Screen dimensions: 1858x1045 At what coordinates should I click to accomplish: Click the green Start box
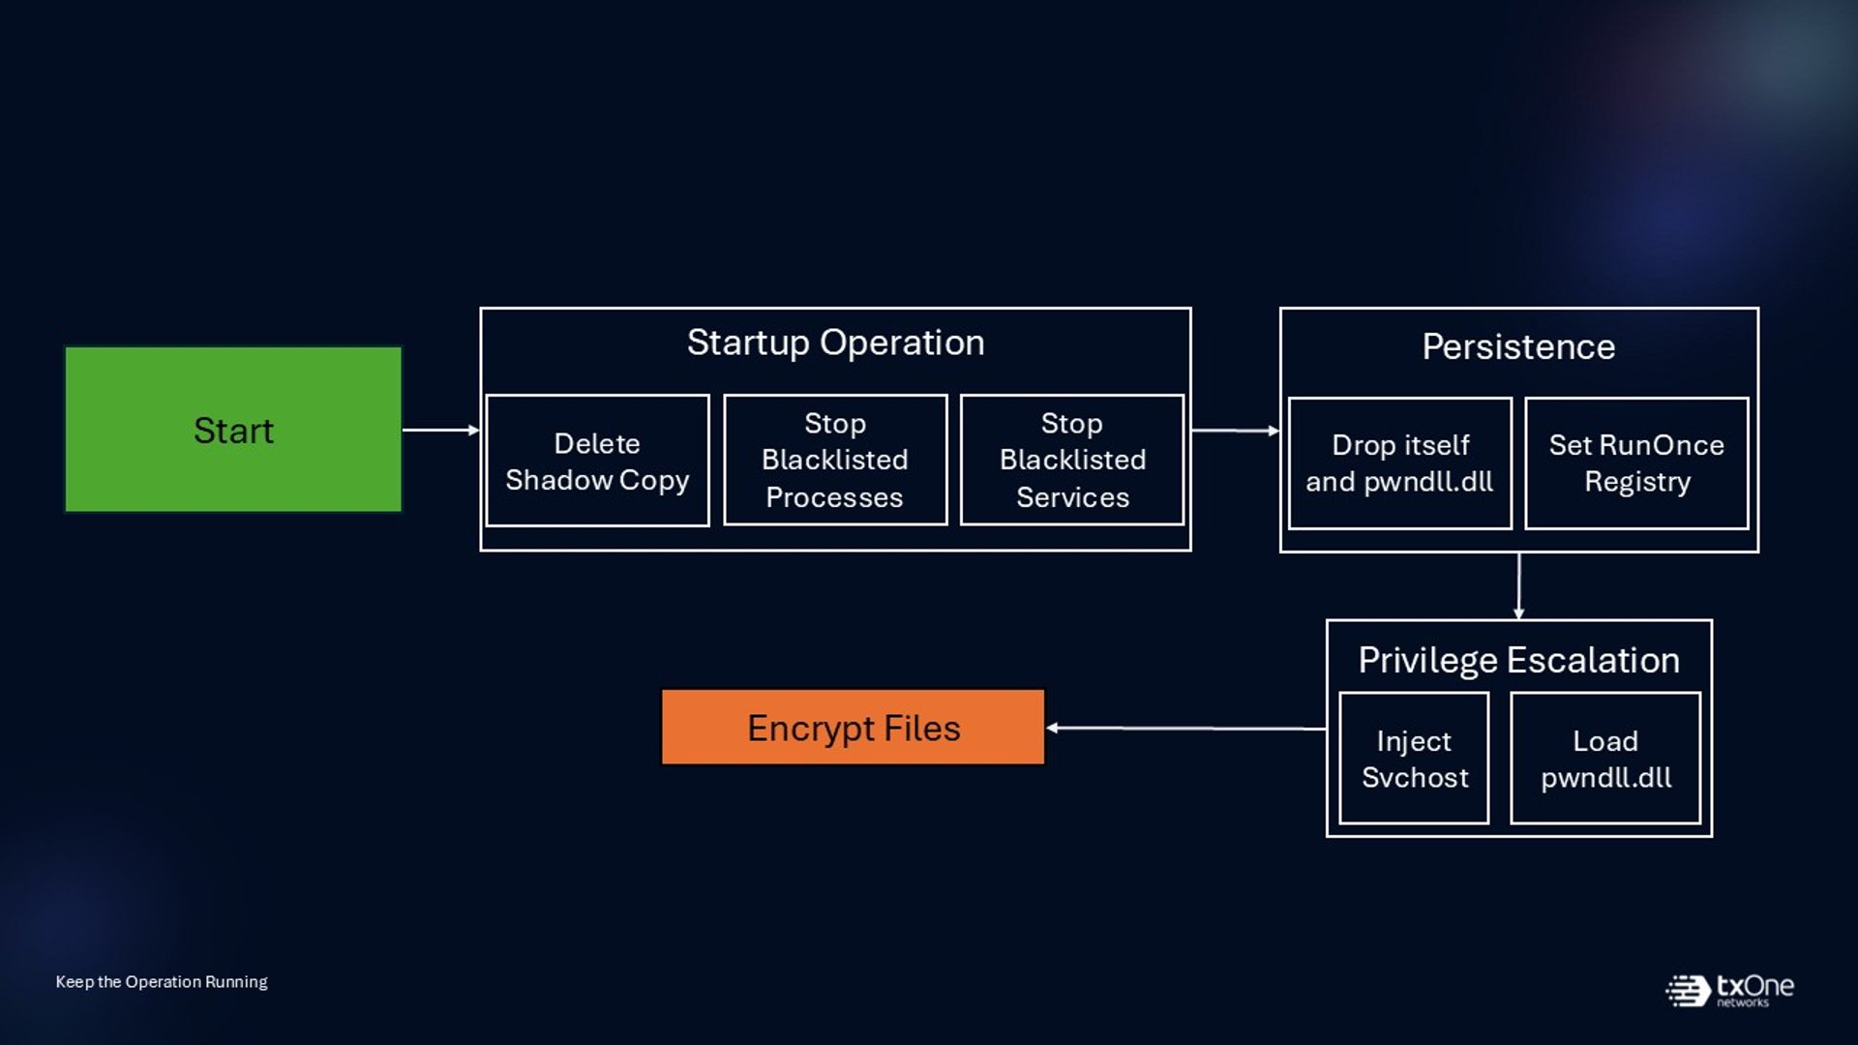pyautogui.click(x=233, y=429)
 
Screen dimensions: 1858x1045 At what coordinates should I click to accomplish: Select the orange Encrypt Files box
pyautogui.click(x=853, y=727)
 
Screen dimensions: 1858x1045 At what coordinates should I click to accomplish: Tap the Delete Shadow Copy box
pyautogui.click(x=597, y=461)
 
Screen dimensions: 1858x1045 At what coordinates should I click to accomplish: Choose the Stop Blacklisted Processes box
pyautogui.click(x=835, y=461)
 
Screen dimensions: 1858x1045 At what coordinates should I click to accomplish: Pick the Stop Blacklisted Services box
pyautogui.click(x=1072, y=461)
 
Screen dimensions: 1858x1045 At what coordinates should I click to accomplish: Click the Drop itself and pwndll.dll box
pyautogui.click(x=1400, y=463)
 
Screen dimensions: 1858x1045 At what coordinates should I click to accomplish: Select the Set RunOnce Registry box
pyautogui.click(x=1636, y=463)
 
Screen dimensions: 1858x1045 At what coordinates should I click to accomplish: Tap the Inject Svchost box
pyautogui.click(x=1414, y=759)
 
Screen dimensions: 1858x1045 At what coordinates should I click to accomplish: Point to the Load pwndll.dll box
pyautogui.click(x=1605, y=759)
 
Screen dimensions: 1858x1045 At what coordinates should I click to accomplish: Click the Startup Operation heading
pyautogui.click(x=836, y=343)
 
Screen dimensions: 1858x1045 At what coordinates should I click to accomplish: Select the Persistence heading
pyautogui.click(x=1518, y=346)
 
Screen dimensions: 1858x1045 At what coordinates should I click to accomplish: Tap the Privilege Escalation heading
pyautogui.click(x=1518, y=660)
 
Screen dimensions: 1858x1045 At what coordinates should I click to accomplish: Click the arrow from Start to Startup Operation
pyautogui.click(x=441, y=430)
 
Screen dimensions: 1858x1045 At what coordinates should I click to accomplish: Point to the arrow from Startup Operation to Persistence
pyautogui.click(x=1236, y=431)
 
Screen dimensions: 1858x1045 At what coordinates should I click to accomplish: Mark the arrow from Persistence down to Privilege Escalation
pyautogui.click(x=1518, y=586)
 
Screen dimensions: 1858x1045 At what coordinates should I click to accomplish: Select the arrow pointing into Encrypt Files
pyautogui.click(x=1186, y=728)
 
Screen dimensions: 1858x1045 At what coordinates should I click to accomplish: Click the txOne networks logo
pyautogui.click(x=1729, y=990)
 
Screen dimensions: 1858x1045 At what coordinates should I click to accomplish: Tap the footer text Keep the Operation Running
pyautogui.click(x=162, y=981)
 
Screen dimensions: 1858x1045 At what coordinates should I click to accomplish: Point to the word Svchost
pyautogui.click(x=1415, y=777)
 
